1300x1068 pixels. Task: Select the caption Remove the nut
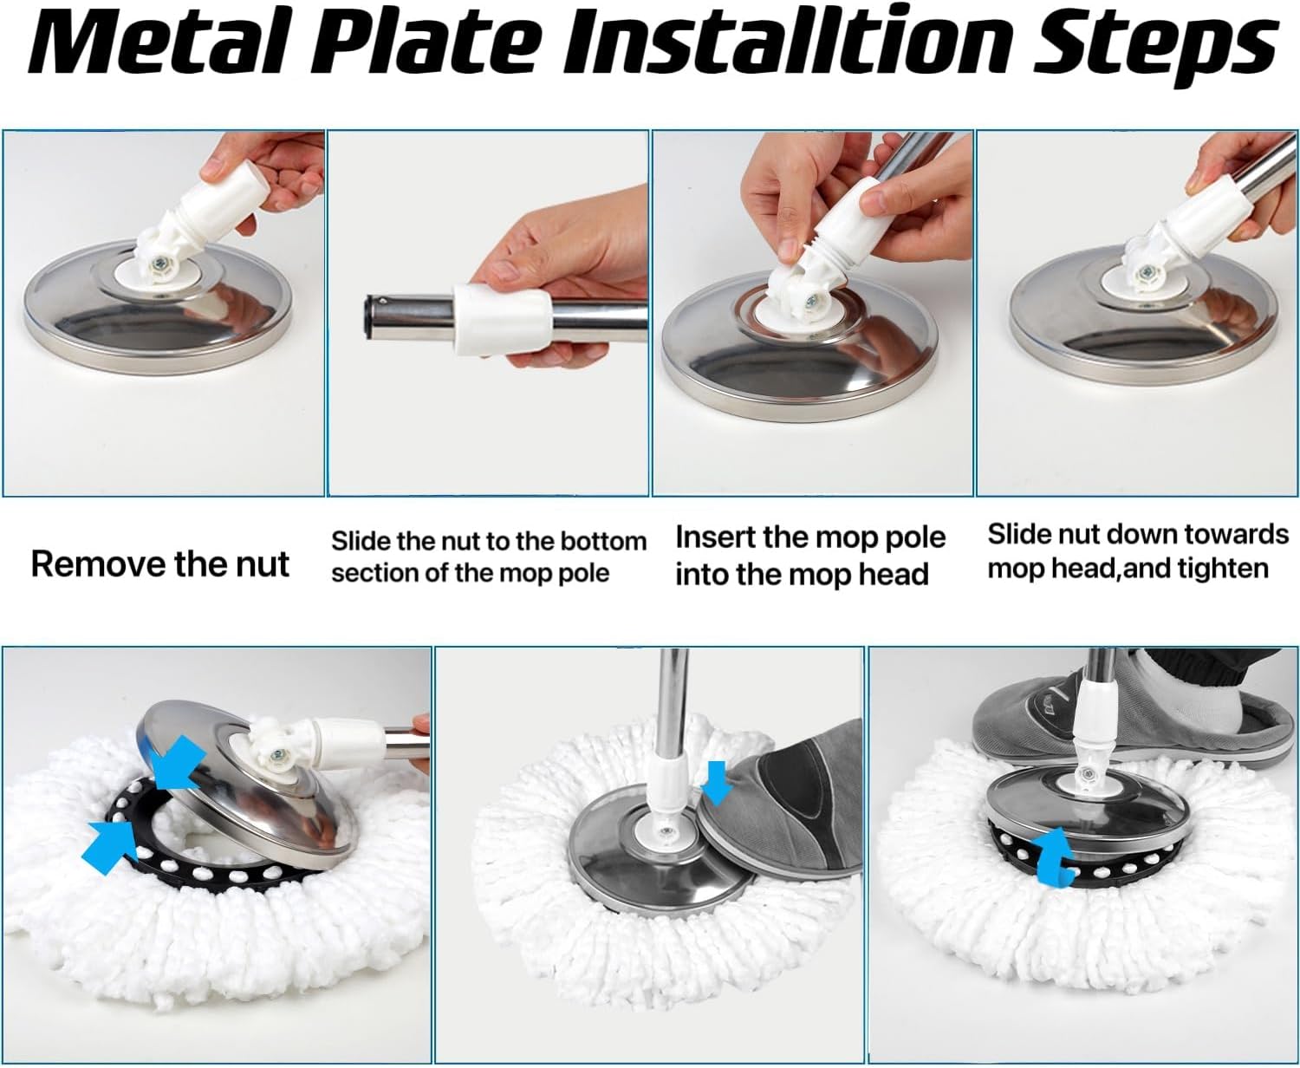point(160,564)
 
